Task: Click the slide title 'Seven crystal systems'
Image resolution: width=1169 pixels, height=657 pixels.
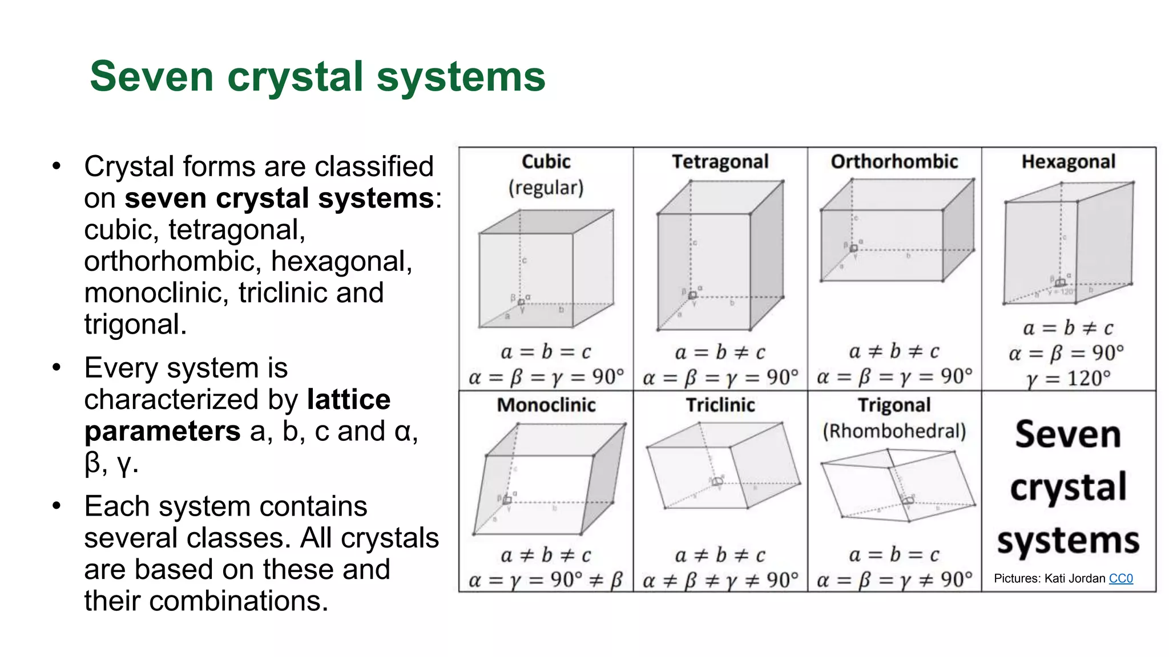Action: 317,76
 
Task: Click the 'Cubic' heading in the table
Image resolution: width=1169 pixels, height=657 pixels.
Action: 546,162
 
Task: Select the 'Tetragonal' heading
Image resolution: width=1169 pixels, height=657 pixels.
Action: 720,162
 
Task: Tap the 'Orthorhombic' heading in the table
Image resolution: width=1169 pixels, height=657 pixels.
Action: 894,162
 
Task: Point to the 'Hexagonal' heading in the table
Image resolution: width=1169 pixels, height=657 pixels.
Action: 1068,162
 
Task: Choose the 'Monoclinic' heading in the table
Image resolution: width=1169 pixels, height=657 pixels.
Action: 546,405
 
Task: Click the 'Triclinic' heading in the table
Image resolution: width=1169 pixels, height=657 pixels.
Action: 720,405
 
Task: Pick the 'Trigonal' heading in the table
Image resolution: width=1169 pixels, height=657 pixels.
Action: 894,405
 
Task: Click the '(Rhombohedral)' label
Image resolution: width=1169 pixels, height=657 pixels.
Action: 894,431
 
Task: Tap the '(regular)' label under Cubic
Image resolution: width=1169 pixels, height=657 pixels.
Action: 546,188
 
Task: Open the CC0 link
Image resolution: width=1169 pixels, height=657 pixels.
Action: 1120,578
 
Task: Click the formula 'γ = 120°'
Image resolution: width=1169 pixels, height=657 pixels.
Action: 1068,378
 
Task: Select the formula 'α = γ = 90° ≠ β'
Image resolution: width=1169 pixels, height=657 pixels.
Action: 545,580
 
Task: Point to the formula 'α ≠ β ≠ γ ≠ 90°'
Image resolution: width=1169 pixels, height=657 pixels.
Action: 720,580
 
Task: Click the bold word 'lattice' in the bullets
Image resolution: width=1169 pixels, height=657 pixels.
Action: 348,399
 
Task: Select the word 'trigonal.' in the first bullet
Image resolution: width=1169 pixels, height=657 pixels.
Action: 135,325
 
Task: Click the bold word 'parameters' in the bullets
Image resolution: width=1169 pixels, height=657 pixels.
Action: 162,431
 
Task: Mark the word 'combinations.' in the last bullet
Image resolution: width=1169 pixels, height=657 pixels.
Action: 239,601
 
